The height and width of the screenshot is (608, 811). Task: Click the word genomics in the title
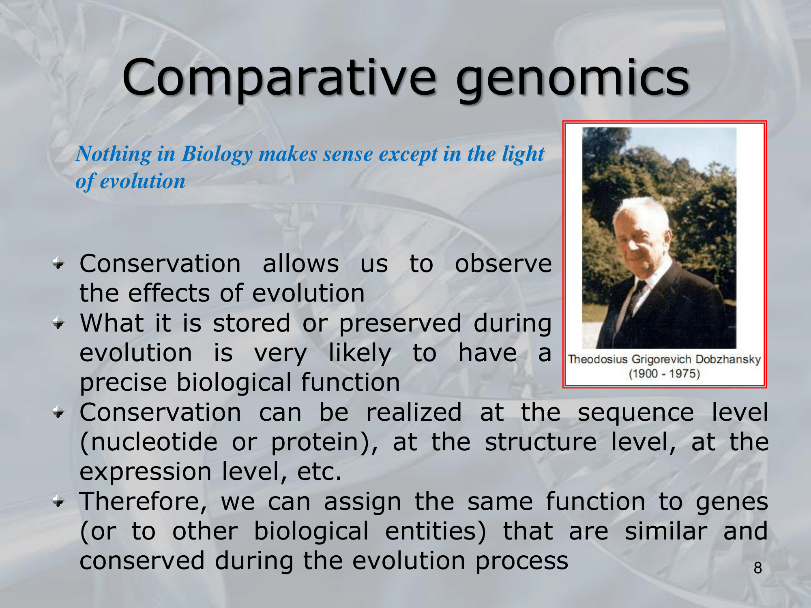(572, 80)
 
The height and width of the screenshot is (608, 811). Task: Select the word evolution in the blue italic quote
(142, 181)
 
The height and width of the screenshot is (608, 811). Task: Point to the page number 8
(758, 568)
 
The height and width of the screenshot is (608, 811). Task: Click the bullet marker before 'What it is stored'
(59, 323)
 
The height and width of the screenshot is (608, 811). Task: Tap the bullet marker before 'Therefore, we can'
(59, 502)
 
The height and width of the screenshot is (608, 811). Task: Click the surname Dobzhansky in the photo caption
(728, 360)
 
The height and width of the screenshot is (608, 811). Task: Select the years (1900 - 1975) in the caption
(664, 373)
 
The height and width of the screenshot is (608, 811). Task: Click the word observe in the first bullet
(503, 264)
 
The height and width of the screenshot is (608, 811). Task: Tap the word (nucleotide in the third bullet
(148, 442)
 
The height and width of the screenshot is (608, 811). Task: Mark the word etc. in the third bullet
(319, 472)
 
